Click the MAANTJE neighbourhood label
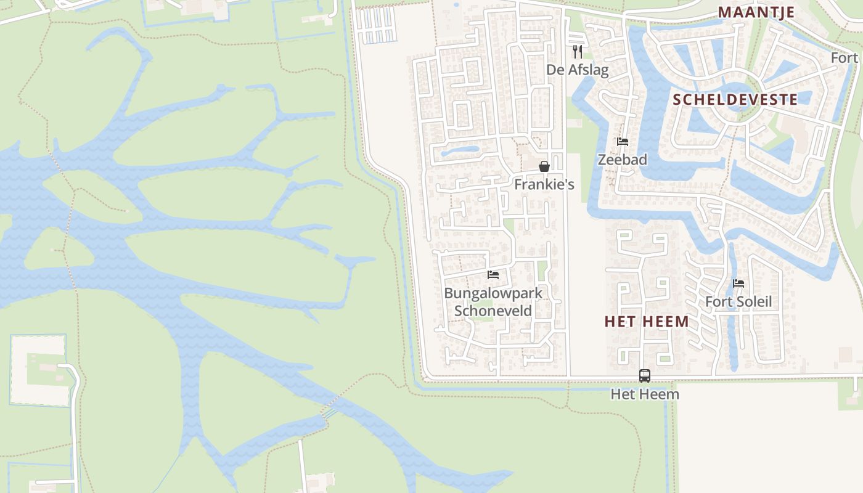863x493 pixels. [756, 12]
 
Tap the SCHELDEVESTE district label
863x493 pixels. [735, 99]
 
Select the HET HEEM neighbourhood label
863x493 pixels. [647, 321]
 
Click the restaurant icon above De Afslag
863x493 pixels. [577, 51]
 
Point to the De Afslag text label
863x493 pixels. [577, 70]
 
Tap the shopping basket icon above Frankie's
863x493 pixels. [544, 166]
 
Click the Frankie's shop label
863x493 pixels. [544, 184]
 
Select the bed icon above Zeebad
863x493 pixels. [623, 142]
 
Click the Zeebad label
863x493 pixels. [623, 160]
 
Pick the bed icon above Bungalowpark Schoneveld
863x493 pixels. [493, 275]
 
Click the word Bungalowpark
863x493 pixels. [493, 293]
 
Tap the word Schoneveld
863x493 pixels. [493, 311]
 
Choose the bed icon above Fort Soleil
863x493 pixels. [738, 283]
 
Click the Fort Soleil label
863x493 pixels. [738, 302]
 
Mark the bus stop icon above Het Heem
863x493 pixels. [645, 375]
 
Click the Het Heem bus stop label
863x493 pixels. [645, 394]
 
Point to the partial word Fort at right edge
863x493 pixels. [845, 57]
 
